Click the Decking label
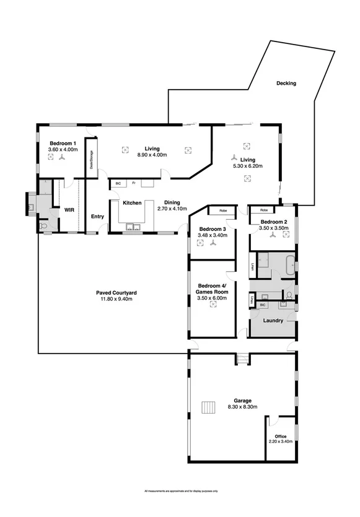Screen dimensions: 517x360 point(286,83)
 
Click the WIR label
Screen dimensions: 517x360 point(69,211)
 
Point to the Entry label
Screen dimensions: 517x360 point(97,216)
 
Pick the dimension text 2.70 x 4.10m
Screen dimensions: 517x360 point(172,209)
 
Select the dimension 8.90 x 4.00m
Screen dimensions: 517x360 point(152,155)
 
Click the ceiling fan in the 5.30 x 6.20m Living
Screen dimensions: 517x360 point(234,157)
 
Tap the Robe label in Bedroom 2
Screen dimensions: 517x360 point(264,210)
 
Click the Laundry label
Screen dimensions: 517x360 point(273,321)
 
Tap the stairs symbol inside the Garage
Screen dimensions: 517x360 point(208,407)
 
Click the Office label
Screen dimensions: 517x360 point(281,436)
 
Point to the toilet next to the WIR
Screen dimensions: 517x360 point(43,227)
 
